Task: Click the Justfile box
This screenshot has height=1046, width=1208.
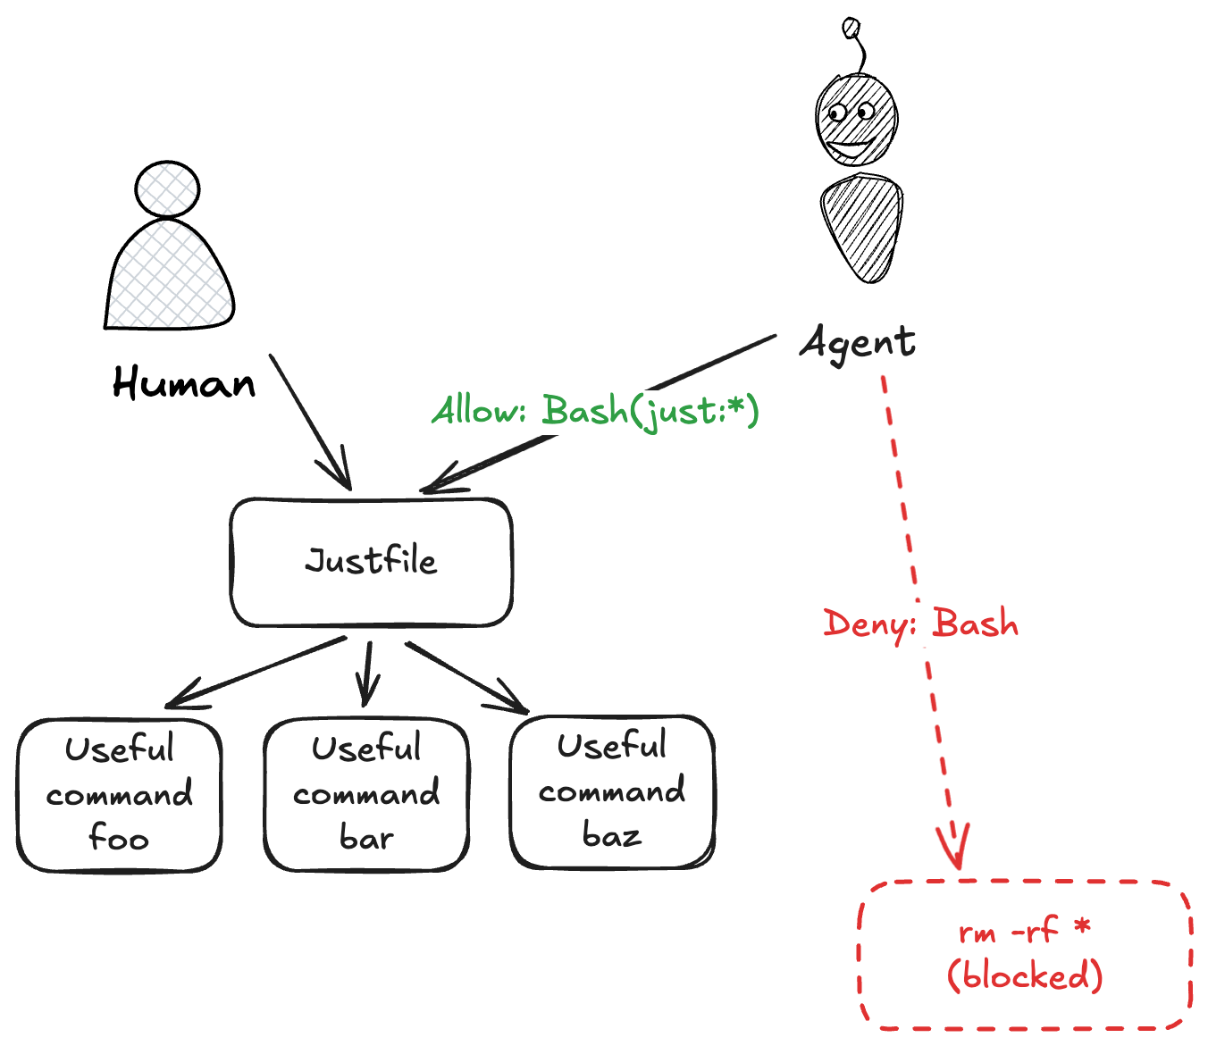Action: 371,562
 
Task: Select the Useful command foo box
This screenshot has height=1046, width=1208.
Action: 119,794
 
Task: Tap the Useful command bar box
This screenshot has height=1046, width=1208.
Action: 366,794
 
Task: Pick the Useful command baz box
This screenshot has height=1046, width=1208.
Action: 612,791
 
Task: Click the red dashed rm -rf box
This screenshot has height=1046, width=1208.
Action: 1025,954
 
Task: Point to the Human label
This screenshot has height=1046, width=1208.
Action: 184,384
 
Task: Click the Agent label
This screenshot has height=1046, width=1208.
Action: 858,343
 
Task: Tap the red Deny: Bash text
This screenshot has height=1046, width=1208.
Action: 920,623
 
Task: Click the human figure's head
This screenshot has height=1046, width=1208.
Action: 167,189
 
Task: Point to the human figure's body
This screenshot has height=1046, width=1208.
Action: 169,277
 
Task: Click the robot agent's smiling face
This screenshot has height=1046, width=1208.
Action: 856,121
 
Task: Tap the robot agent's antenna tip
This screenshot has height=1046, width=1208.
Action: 851,29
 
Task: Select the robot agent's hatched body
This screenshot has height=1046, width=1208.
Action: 861,227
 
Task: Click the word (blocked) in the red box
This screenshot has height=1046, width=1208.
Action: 1025,975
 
